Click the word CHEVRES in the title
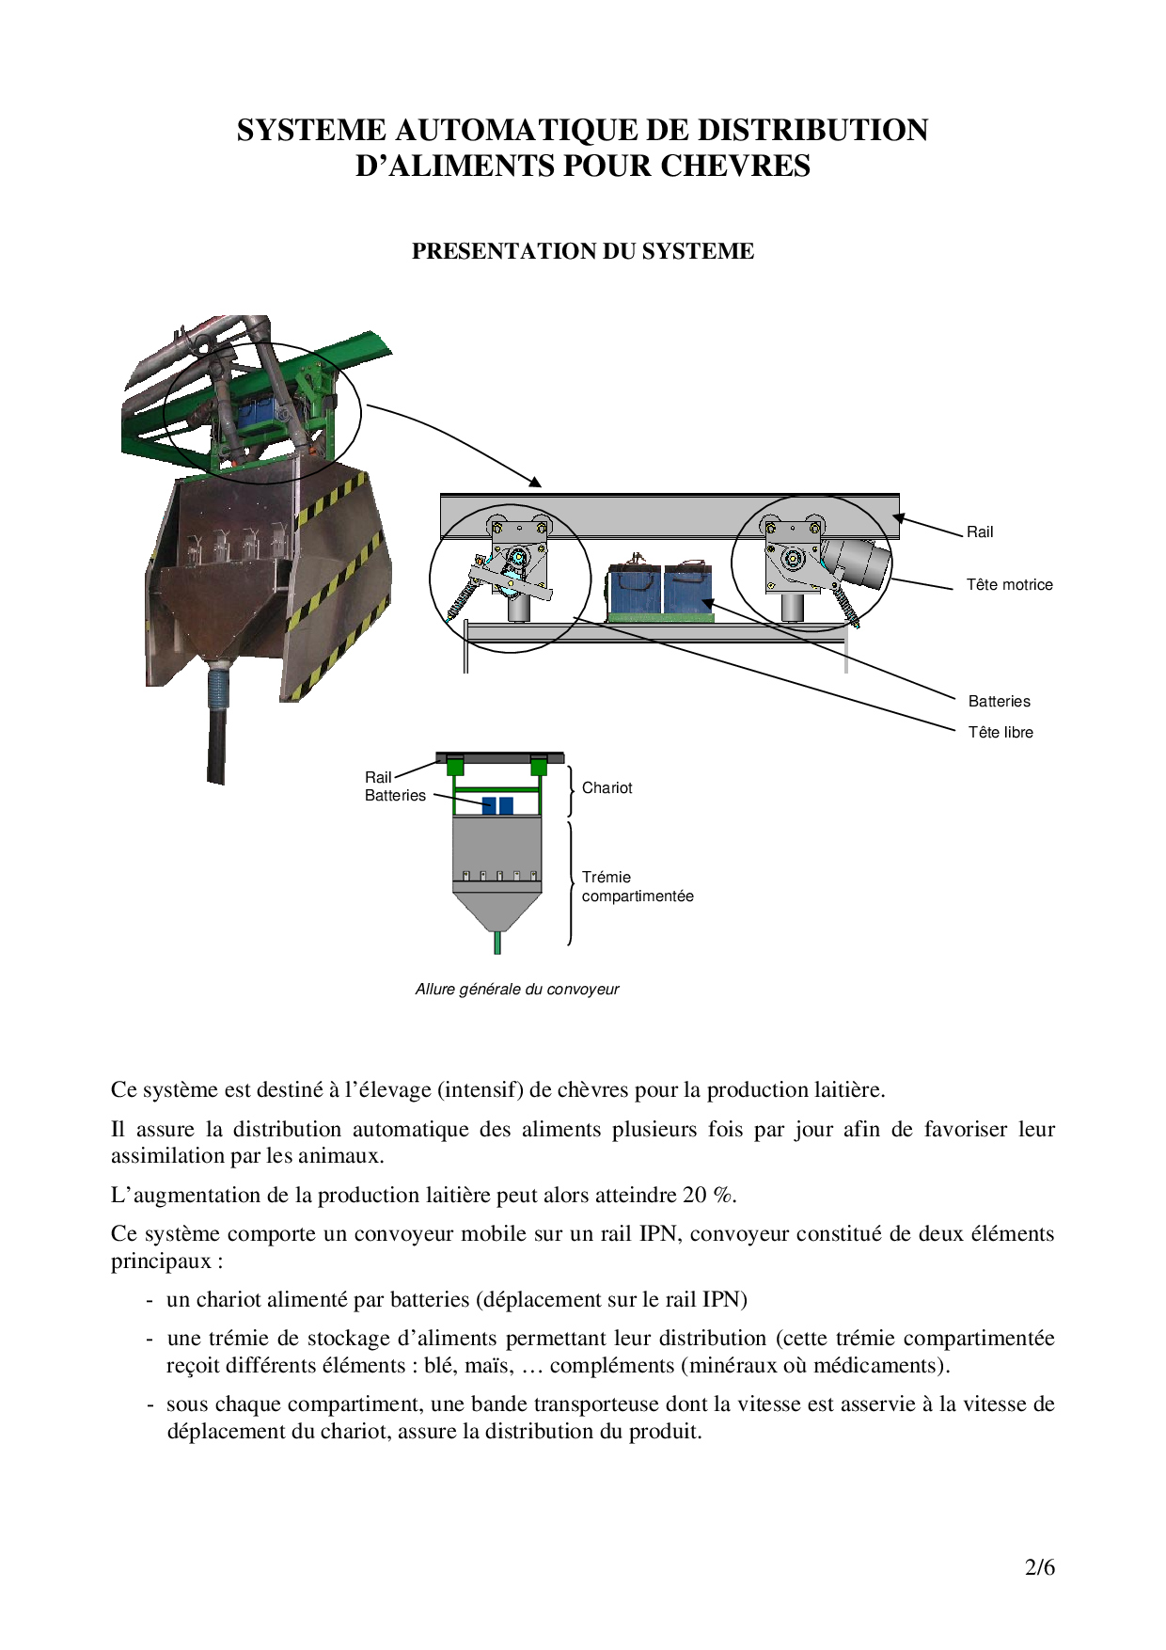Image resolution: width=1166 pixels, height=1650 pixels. [x=734, y=166]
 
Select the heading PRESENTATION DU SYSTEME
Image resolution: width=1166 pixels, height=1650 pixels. [x=582, y=251]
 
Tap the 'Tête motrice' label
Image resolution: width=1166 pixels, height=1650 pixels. [x=1009, y=584]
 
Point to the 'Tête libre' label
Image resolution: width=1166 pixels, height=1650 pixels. [x=1000, y=732]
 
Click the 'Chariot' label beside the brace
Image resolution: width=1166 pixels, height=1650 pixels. [x=607, y=787]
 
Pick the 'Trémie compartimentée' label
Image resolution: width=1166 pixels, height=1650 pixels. [x=637, y=886]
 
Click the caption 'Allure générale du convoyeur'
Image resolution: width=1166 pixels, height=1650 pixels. [x=516, y=989]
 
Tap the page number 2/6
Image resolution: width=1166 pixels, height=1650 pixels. [x=1039, y=1567]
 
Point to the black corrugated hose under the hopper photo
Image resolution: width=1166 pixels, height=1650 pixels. [x=217, y=734]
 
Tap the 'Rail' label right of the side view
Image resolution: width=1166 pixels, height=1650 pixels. [x=979, y=531]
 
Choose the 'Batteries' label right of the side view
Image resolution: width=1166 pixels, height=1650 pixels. [x=999, y=701]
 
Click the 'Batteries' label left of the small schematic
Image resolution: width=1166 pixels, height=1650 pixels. [x=395, y=795]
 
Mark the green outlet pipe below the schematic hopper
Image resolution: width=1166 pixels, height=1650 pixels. [x=497, y=942]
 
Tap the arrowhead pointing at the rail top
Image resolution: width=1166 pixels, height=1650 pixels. [x=535, y=483]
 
